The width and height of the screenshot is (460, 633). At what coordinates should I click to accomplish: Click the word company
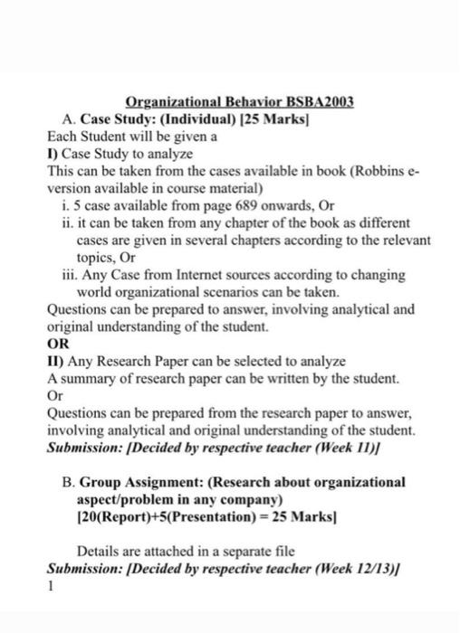255,501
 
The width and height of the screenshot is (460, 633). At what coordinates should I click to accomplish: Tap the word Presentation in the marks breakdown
210,518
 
